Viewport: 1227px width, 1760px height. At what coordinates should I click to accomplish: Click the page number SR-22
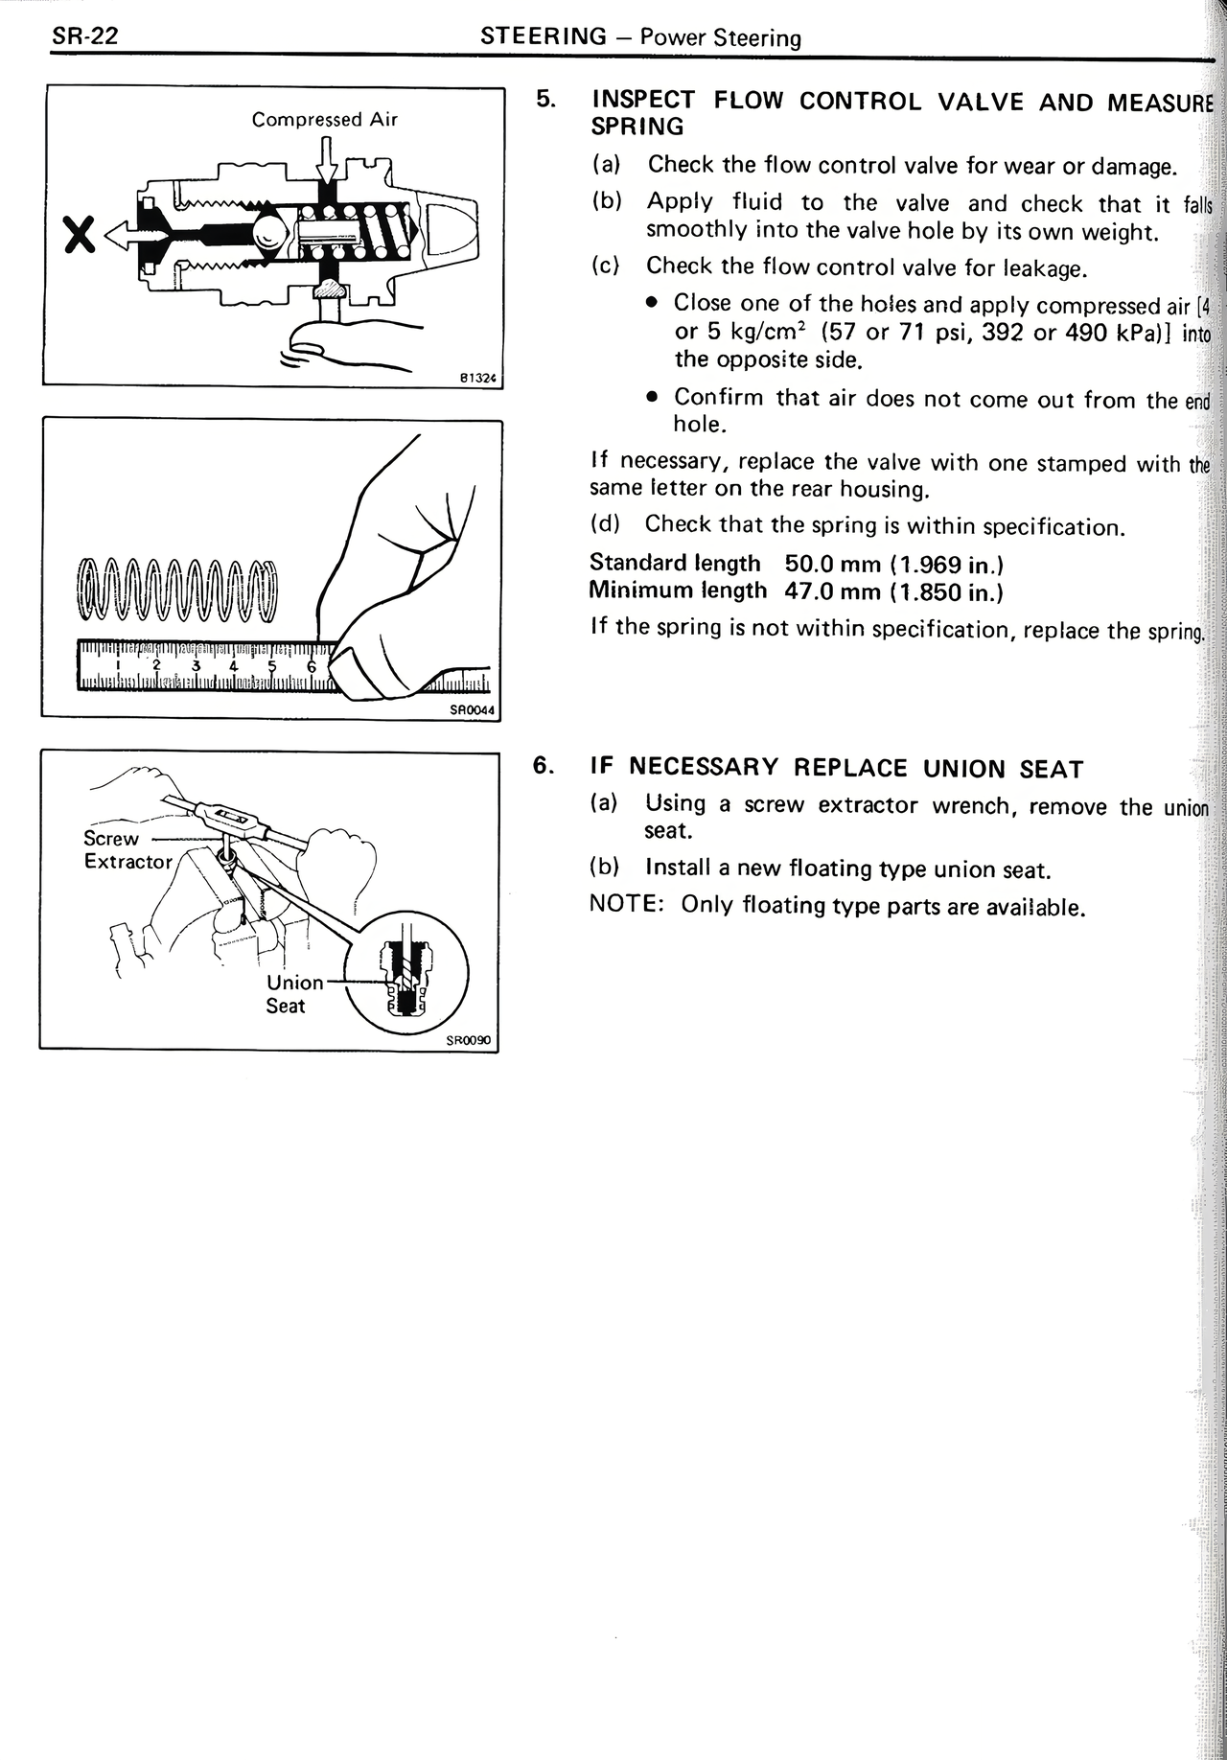click(x=84, y=37)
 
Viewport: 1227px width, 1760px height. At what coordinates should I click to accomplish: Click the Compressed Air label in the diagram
click(x=324, y=120)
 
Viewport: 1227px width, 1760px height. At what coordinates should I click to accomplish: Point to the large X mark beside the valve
click(x=79, y=233)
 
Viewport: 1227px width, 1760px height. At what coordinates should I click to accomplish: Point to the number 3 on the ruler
click(x=196, y=665)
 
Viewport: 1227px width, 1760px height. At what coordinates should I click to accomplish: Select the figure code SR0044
click(x=472, y=710)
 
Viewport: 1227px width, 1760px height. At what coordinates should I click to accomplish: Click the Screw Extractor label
click(x=127, y=849)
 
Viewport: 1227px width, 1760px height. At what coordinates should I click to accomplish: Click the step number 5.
click(x=545, y=100)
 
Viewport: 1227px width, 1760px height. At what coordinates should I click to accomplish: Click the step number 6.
click(x=544, y=766)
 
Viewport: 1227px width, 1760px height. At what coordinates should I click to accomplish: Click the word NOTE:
click(x=627, y=905)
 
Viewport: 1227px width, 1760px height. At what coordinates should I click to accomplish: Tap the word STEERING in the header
click(x=544, y=36)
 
